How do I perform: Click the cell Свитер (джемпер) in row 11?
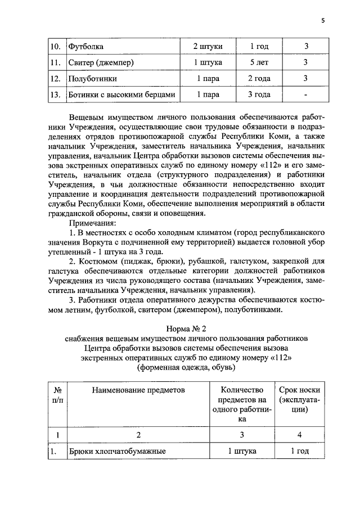coord(101,61)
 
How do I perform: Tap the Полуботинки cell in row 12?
coord(92,78)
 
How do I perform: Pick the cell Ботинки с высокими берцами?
coord(122,95)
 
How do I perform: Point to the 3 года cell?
coord(259,95)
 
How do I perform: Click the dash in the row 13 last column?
coord(305,95)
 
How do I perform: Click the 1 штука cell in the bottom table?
coord(242,451)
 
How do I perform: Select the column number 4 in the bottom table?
coord(299,434)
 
